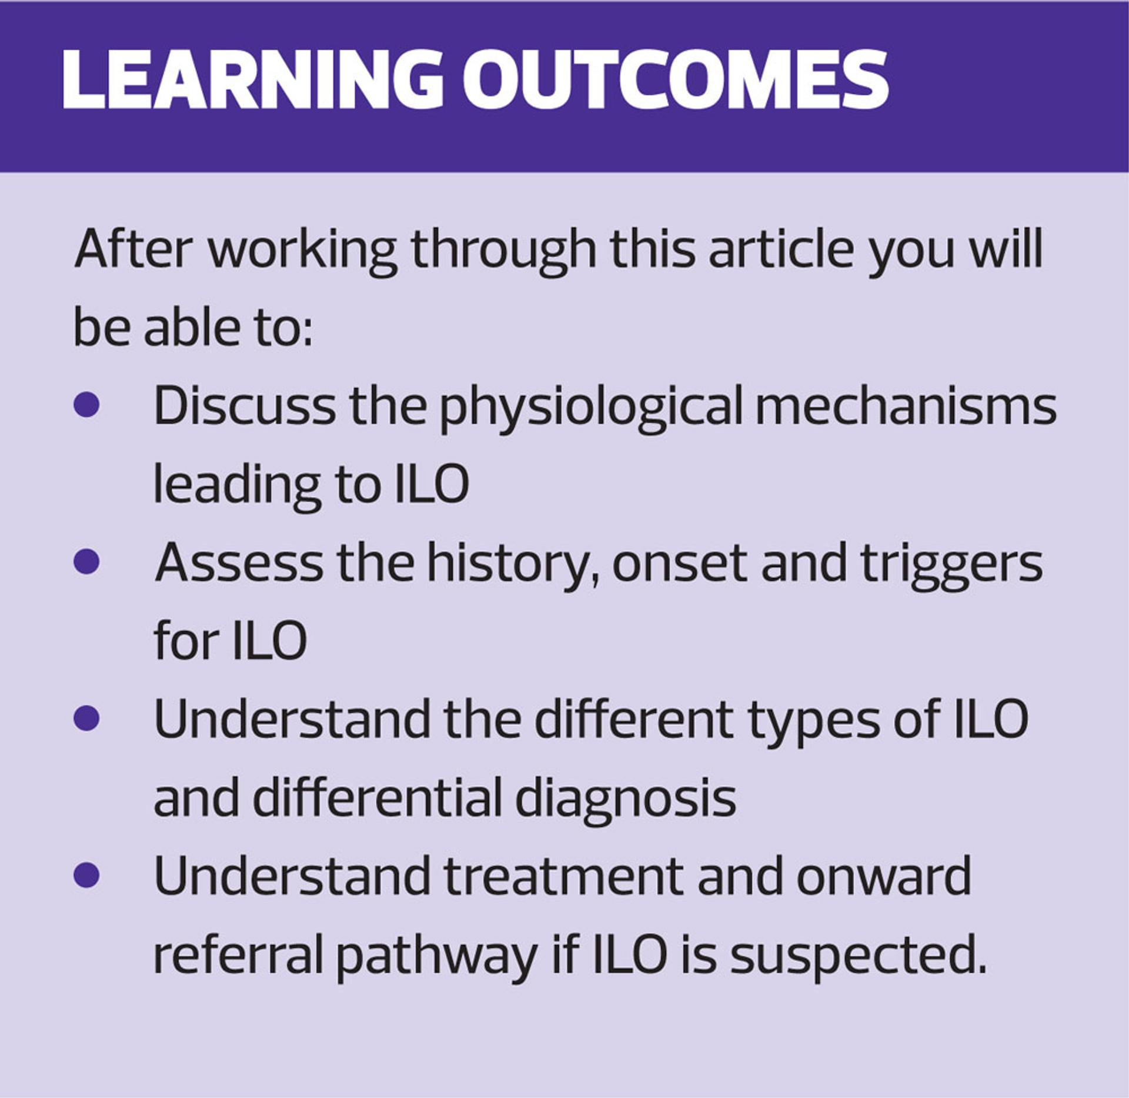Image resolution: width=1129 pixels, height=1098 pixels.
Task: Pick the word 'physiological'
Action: click(x=592, y=408)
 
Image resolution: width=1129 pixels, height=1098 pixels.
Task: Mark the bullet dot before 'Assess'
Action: click(x=87, y=561)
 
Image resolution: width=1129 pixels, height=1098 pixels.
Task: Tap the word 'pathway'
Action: click(x=436, y=957)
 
